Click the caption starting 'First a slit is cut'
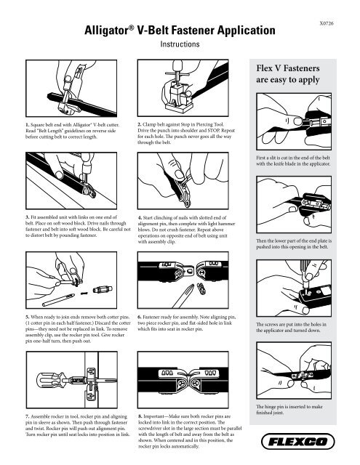click(x=299, y=160)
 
